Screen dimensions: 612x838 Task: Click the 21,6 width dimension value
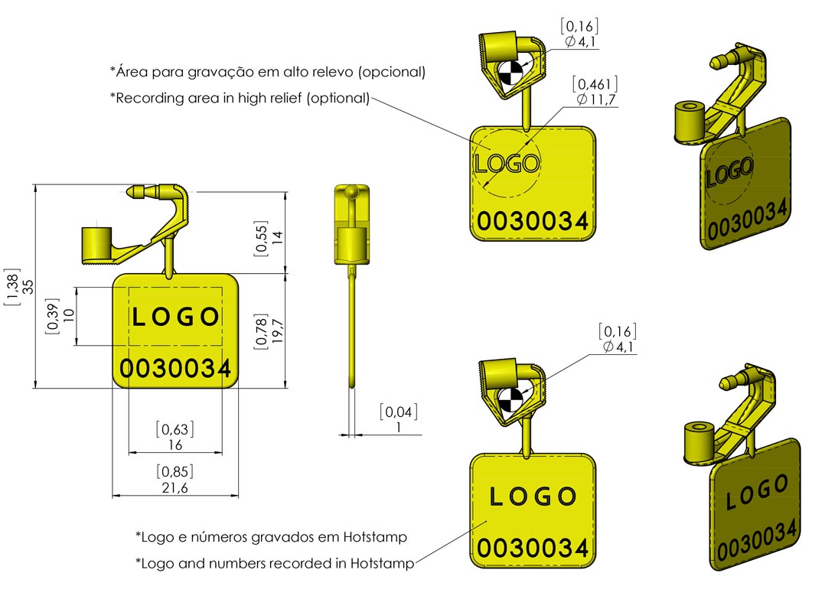[x=174, y=488]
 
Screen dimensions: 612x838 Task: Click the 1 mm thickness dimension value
[x=398, y=428]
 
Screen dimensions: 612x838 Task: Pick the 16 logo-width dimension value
[x=174, y=444]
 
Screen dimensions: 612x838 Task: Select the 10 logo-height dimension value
[x=67, y=315]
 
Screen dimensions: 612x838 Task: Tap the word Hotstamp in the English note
[x=382, y=564]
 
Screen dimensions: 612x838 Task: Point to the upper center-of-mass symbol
[x=510, y=74]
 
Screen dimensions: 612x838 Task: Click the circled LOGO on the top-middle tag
[x=507, y=163]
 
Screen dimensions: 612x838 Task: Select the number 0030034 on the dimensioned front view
[x=175, y=369]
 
